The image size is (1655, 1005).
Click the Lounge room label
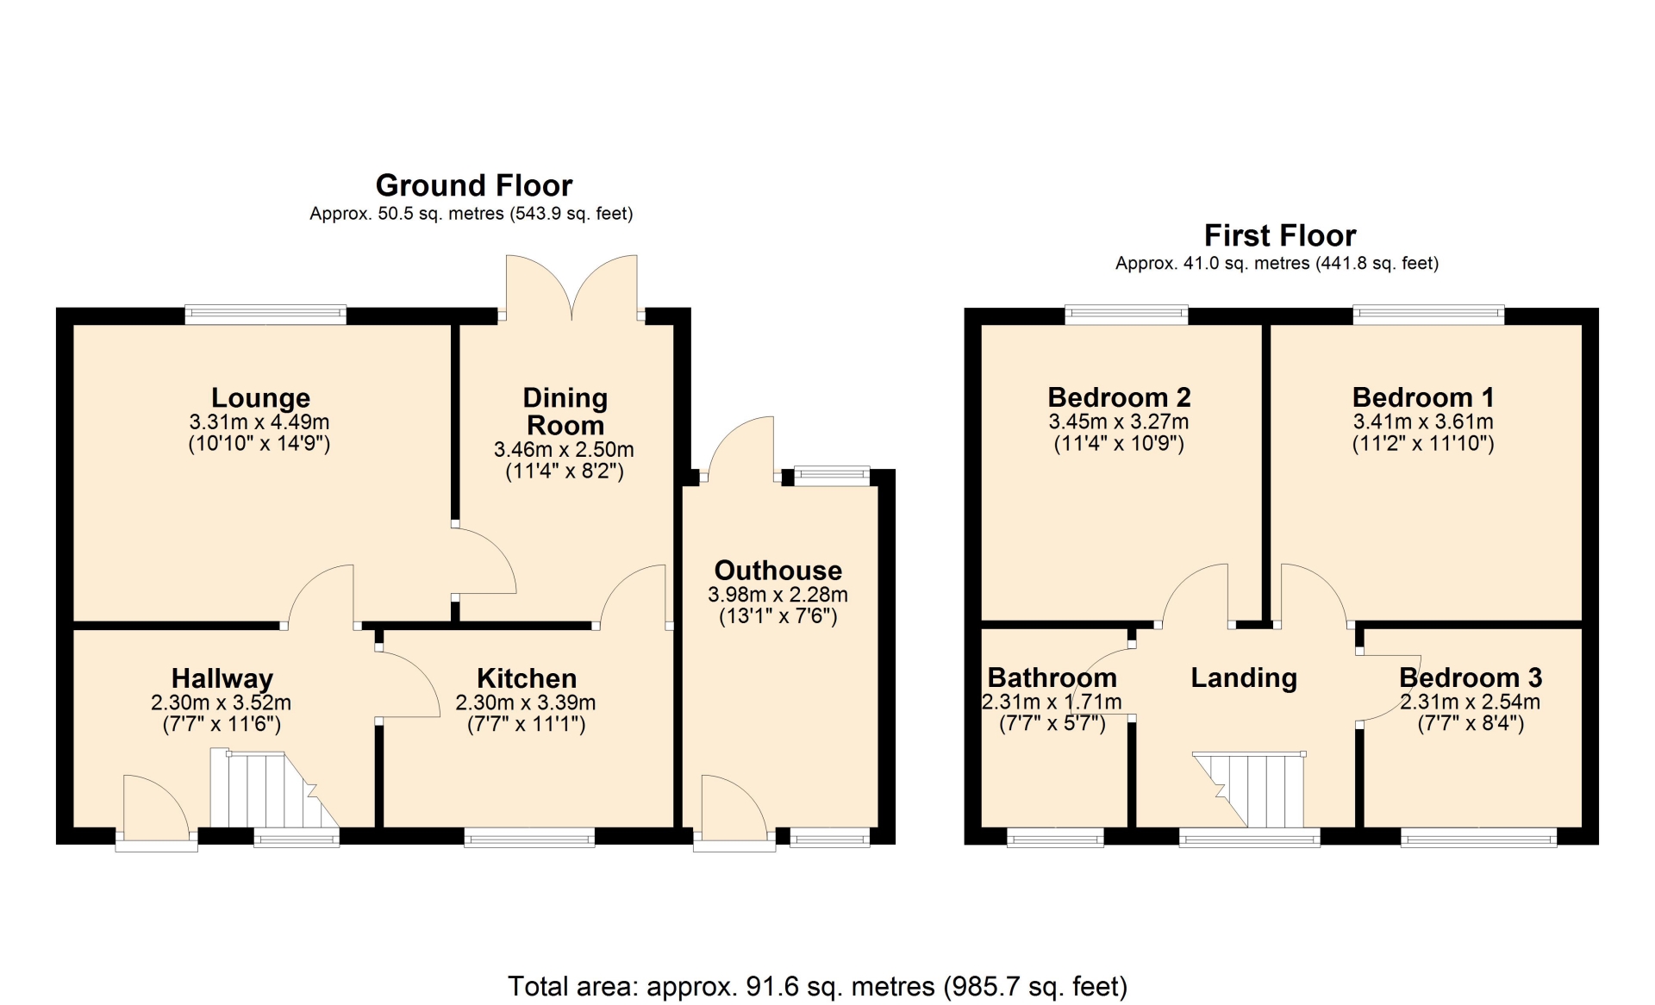260,398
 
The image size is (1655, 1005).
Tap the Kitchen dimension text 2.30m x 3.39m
526,702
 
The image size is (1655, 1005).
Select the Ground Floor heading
474,185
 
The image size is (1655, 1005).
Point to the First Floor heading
1280,235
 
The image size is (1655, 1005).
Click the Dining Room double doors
571,288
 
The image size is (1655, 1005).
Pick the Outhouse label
778,571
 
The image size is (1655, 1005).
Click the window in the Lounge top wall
265,315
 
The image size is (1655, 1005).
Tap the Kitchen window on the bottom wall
529,836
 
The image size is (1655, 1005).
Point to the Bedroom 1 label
1423,397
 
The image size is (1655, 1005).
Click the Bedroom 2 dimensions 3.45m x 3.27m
1119,422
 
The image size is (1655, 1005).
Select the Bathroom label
1052,677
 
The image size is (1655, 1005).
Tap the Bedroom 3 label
1471,677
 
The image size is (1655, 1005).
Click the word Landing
1244,678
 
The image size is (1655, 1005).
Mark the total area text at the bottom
817,986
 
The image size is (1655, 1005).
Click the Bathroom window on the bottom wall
1055,837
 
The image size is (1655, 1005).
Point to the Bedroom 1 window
1428,315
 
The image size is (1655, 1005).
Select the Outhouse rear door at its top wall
740,448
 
